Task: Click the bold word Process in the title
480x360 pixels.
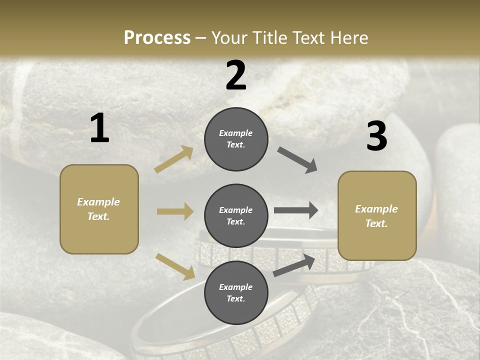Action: click(157, 37)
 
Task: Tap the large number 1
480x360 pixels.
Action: click(99, 128)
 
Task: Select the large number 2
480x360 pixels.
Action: click(236, 75)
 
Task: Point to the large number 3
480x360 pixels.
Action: click(376, 136)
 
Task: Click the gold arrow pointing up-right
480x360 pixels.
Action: click(174, 159)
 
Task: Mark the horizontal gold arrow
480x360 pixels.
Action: click(175, 211)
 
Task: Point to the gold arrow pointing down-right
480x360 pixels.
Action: click(175, 266)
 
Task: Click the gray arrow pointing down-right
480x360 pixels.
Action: click(297, 160)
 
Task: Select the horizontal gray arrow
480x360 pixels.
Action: click(296, 210)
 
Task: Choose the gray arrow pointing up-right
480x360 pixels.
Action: click(294, 265)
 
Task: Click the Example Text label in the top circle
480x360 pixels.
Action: click(236, 139)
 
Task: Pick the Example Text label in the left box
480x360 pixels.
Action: click(98, 209)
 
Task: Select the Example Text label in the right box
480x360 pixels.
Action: click(376, 216)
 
